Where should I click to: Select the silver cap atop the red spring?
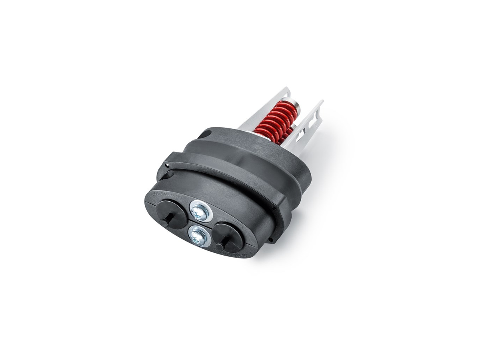298,106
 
